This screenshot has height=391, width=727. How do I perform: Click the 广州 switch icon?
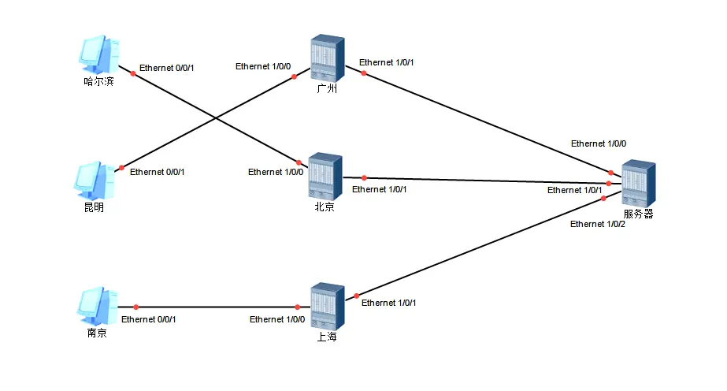[326, 58]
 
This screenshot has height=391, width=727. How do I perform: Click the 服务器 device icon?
[638, 184]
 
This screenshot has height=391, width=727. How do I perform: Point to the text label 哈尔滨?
[98, 81]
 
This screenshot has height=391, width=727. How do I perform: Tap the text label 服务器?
[638, 214]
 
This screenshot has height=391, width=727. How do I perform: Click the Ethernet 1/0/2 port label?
[598, 225]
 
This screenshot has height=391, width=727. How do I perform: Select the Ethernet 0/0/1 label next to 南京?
[149, 319]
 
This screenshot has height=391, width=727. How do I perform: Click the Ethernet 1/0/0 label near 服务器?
[599, 143]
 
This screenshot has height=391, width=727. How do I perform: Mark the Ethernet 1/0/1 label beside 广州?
[386, 62]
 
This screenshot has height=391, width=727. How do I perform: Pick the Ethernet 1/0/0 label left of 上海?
[276, 319]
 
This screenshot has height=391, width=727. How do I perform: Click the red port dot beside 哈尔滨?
[133, 73]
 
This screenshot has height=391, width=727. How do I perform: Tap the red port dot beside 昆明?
[121, 168]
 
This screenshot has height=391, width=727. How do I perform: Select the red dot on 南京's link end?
[135, 307]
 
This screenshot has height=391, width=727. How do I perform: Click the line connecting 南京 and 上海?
[217, 307]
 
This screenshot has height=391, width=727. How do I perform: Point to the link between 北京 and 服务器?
[488, 181]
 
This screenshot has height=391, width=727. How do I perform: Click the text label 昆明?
[95, 207]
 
